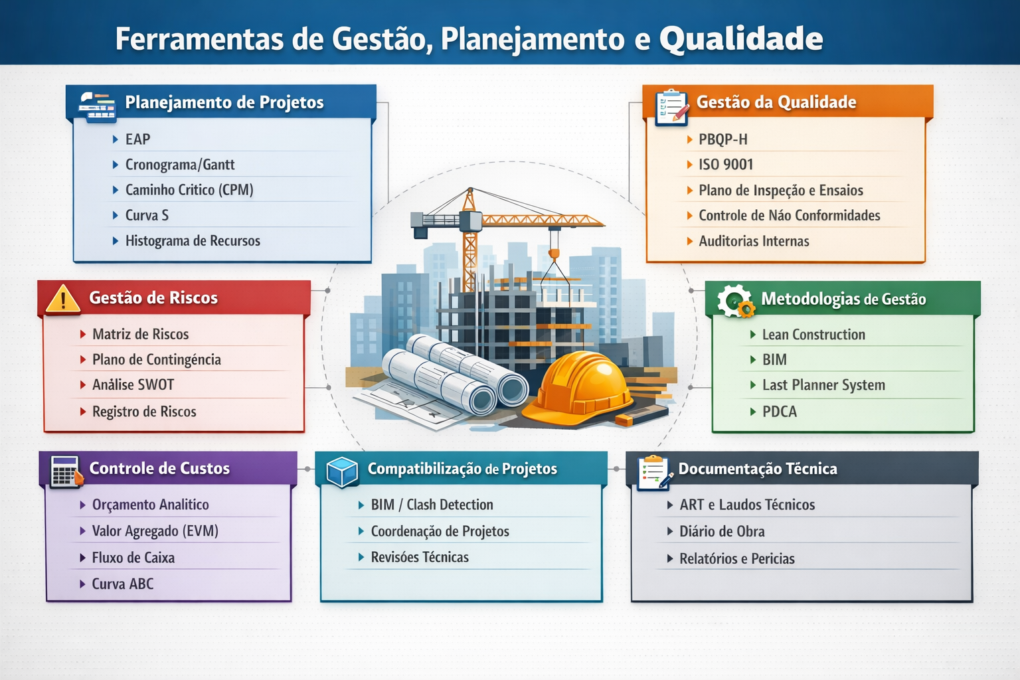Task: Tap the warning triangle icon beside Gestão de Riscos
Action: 63,299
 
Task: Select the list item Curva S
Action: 147,215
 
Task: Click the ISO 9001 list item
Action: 725,165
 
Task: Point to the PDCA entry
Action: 779,412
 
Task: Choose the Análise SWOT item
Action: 133,385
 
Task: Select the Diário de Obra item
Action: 722,531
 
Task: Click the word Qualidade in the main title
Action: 740,39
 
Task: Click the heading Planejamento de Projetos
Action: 224,102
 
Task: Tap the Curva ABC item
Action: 123,584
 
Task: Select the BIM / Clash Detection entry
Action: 432,505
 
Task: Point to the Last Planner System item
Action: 823,385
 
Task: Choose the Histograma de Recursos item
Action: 193,241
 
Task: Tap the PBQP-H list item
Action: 722,139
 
